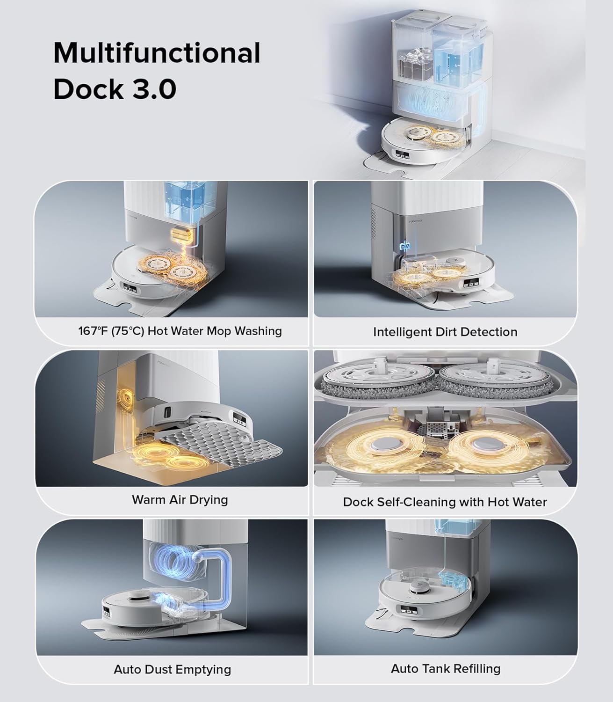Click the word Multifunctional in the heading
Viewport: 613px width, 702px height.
pyautogui.click(x=157, y=53)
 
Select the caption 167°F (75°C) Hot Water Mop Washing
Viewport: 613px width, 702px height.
pyautogui.click(x=180, y=331)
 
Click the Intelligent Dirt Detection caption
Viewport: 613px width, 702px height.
pyautogui.click(x=445, y=332)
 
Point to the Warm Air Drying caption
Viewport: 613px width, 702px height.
pyautogui.click(x=180, y=499)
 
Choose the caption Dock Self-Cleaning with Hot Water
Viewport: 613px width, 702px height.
pyautogui.click(x=445, y=502)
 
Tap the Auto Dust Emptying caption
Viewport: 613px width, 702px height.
pyautogui.click(x=172, y=669)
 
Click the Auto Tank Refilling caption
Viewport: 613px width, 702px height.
pyautogui.click(x=445, y=668)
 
